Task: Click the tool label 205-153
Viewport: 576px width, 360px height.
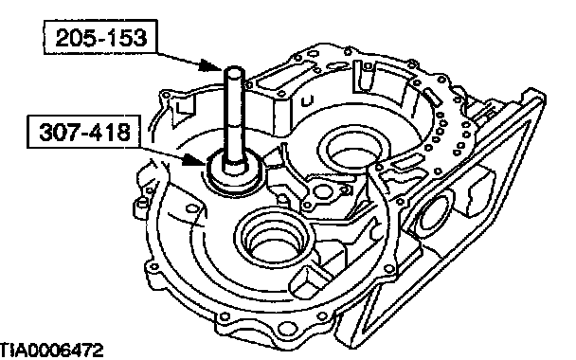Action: pyautogui.click(x=100, y=38)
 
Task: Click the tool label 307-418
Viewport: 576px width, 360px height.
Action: pyautogui.click(x=85, y=132)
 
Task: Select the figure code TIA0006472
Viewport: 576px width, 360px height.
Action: pyautogui.click(x=51, y=351)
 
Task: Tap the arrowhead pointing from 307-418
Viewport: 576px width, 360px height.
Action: pyautogui.click(x=193, y=160)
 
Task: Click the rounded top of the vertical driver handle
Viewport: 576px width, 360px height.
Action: pyautogui.click(x=234, y=70)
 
